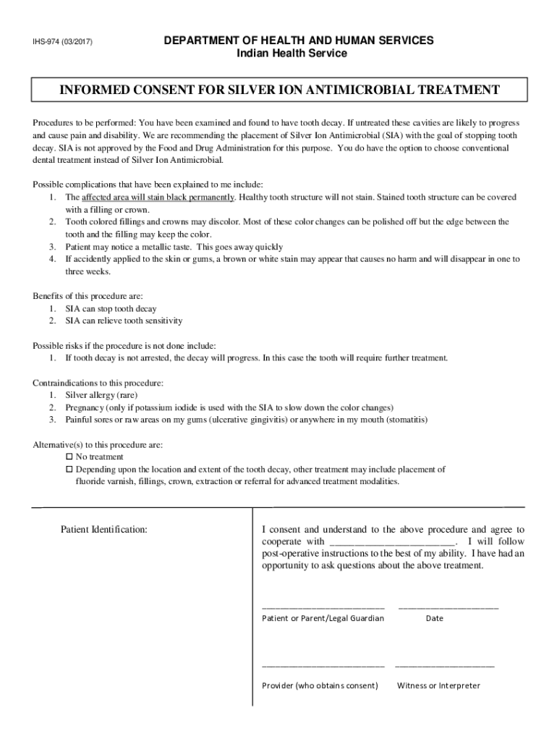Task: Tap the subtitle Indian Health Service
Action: tap(292, 54)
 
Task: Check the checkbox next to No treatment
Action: tap(69, 457)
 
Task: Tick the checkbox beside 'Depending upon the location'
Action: tap(69, 470)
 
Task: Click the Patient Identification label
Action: tap(104, 530)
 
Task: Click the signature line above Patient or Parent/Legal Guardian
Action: tap(323, 606)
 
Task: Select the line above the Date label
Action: tap(448, 606)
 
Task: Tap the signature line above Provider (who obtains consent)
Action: tap(323, 664)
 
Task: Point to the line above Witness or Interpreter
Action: tap(444, 664)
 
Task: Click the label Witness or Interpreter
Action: tap(438, 685)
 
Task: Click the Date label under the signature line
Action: tap(434, 618)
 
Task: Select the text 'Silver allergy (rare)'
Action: tap(101, 395)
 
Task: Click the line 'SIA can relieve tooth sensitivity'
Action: tap(124, 321)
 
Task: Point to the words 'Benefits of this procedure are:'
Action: tap(88, 296)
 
